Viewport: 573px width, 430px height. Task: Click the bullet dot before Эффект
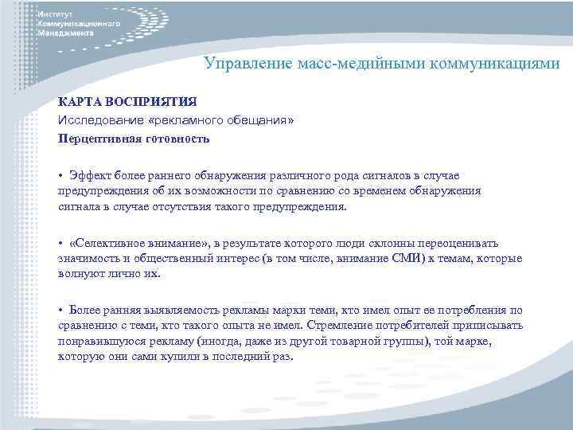pos(60,176)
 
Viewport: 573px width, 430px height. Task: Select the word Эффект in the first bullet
pos(88,176)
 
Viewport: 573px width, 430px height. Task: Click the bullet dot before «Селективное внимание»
pos(60,244)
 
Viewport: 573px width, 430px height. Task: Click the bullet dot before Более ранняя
pos(60,310)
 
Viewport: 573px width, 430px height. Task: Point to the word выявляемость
pos(173,310)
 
